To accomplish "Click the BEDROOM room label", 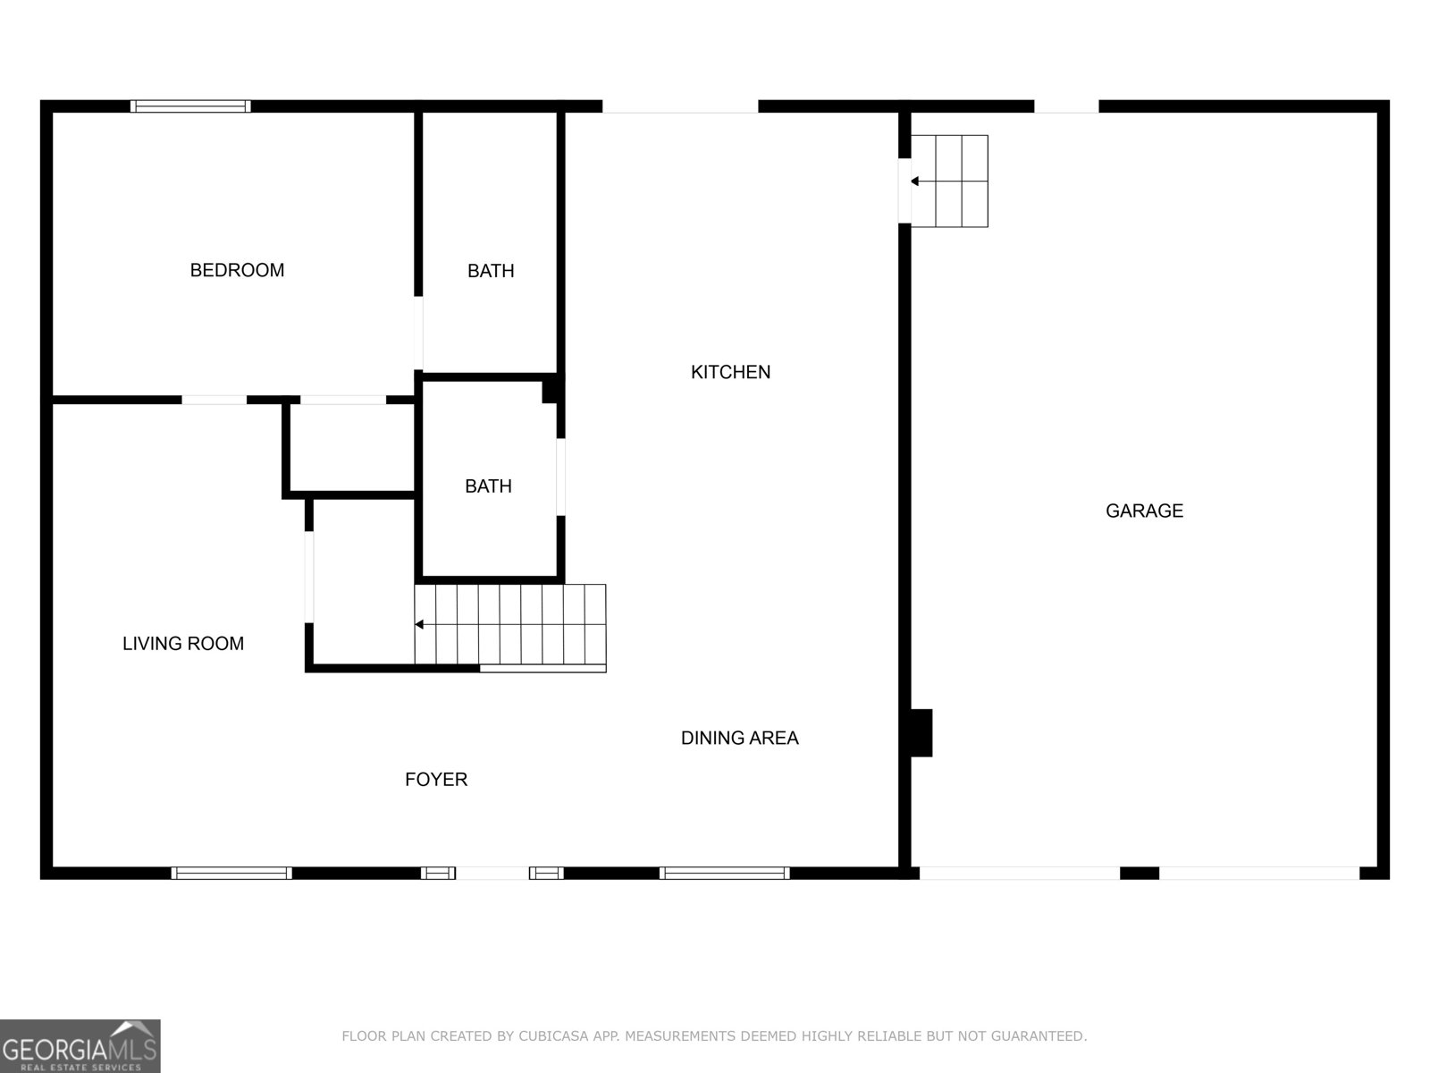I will click(237, 270).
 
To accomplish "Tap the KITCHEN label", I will click(730, 372).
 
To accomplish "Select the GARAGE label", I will click(1144, 511).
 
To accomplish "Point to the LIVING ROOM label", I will click(183, 643).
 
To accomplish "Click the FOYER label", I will click(436, 779).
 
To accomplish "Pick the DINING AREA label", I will click(739, 738).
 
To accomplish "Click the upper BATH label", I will click(491, 270).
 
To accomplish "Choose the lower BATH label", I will click(488, 486).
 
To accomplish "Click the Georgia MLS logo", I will click(80, 1045).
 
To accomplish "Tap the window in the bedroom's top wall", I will click(190, 106).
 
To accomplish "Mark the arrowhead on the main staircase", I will click(419, 624).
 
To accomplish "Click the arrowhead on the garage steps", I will click(914, 182).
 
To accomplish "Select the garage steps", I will click(962, 181).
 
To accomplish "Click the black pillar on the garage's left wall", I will click(921, 732).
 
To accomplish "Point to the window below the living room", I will click(231, 873).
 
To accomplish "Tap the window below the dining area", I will click(725, 873).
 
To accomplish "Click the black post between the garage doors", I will click(1139, 873).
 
